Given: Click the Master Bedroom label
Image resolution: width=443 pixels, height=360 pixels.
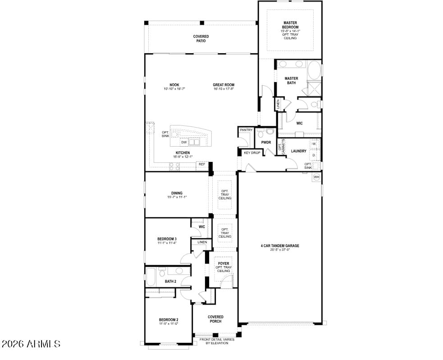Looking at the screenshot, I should pos(290,25).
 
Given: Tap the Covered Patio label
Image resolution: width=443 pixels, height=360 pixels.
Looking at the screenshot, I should pos(201,39).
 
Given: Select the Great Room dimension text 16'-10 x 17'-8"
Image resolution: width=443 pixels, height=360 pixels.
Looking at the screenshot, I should pos(224,89).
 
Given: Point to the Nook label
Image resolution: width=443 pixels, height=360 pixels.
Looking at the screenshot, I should pos(174,85).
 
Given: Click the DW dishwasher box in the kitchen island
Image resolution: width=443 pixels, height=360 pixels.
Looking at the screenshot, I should pos(184,142).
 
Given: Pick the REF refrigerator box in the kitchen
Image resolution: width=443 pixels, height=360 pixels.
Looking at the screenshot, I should pos(202,164).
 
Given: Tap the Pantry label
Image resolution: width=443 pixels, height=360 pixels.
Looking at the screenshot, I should pos(246,130).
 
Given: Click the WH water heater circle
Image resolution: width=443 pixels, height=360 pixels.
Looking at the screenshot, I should pos(316,176).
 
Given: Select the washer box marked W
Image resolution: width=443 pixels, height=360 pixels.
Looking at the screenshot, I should pos(314,144).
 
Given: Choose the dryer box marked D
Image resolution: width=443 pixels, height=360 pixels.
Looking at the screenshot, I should pos(314,156).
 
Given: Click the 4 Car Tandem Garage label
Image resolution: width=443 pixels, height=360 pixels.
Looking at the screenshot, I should pos(280,246).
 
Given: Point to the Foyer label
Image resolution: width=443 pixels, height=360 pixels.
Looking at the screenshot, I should pos(224,263).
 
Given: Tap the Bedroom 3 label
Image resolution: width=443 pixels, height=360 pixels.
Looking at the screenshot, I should pos(167,239).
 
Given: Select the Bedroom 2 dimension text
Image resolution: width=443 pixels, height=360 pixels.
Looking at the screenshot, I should pos(169,324).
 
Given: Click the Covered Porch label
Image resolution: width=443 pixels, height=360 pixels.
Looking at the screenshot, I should pos(215,319).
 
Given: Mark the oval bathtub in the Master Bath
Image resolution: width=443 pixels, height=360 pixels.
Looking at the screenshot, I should pos(315,71).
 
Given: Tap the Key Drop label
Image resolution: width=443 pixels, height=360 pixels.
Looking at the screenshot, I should pos(252,153).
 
